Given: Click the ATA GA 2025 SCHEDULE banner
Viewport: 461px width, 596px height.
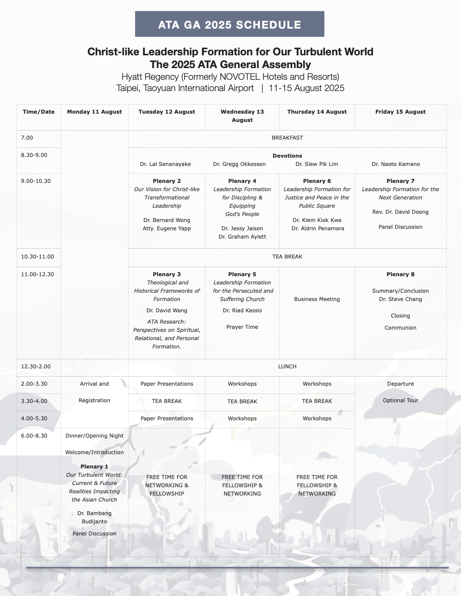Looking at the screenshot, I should coord(229,24).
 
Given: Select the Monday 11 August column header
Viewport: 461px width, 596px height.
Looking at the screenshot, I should coord(94,112).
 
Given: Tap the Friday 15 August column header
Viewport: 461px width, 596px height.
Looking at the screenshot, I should coord(400,112).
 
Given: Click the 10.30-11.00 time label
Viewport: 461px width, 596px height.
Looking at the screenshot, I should coord(38,257).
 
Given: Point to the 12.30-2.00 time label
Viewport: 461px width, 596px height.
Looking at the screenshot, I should coord(36,366).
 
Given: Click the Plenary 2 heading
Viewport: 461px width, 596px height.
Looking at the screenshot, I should coord(167,181).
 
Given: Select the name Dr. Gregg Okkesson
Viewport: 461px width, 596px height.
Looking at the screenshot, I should coord(239,164).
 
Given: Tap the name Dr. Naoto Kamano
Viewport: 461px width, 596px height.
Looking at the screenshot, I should coord(395,164).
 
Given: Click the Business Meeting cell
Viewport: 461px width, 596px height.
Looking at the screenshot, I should coord(317,299).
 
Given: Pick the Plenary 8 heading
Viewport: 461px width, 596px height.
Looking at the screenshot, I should coord(400,274).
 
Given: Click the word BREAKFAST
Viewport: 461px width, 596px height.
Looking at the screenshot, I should coord(287,138).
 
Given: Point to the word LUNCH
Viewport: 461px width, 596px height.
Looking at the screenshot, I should coord(287,366).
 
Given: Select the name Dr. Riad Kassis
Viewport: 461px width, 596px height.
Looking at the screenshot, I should coord(242,310).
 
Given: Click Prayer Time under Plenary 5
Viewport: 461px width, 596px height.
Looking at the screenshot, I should coord(242,327).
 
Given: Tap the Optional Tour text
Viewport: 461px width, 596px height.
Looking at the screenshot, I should coord(400,400).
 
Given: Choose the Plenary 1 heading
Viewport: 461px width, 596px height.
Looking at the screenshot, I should coord(94,467).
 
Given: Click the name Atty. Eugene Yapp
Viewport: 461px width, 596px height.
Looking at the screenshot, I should coord(167,228).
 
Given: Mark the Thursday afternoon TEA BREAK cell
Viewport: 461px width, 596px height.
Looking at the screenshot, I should coord(317,401).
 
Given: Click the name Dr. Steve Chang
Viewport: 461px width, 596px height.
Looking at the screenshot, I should coord(400,299).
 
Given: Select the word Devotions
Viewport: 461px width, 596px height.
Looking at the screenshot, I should coord(287,156).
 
